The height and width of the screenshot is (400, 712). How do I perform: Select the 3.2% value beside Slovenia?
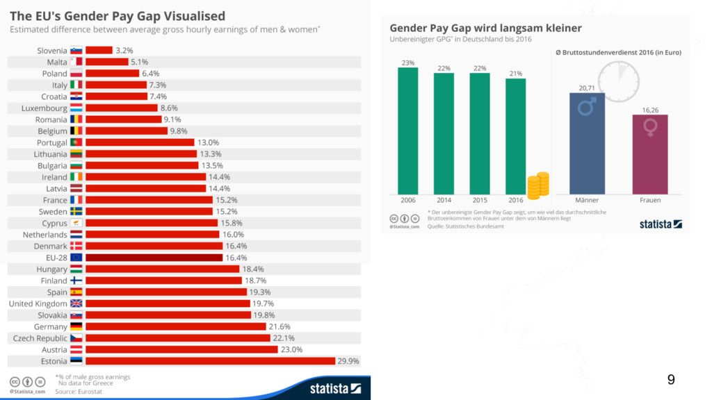[124, 51]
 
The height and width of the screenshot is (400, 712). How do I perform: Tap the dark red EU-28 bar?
[154, 258]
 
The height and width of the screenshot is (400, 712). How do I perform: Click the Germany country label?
[51, 326]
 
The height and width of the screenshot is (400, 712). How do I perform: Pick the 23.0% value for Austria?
[291, 349]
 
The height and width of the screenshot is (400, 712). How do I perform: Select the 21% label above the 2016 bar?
[515, 73]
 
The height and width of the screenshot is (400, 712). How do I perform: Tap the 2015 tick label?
[479, 200]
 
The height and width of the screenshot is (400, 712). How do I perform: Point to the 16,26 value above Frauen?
[649, 110]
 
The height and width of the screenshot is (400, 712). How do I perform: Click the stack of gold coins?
[538, 185]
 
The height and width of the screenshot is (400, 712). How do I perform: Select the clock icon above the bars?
[618, 81]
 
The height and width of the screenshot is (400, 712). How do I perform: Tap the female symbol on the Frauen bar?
[650, 127]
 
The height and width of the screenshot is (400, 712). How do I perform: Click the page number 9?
[670, 380]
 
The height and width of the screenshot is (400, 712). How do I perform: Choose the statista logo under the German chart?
[661, 224]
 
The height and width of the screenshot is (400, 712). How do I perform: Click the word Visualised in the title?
[191, 15]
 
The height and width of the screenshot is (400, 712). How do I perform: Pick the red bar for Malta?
[107, 62]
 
